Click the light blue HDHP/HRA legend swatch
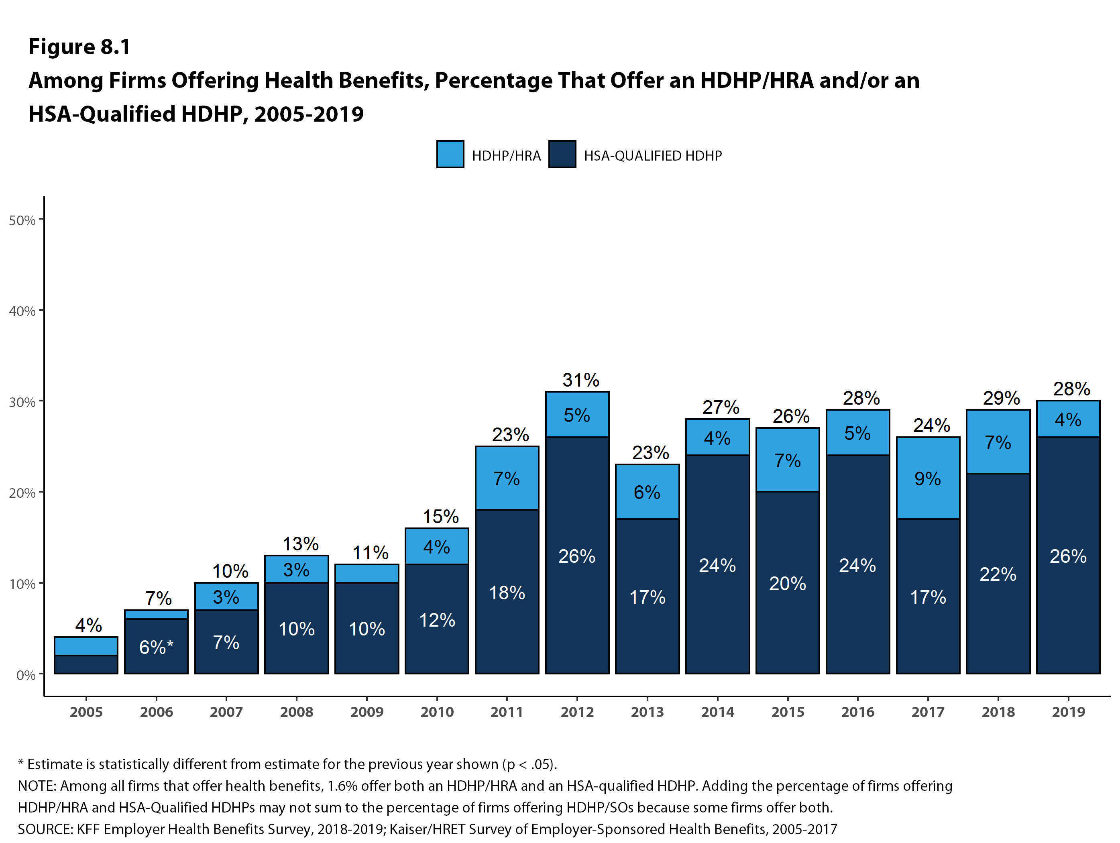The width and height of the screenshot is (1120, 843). [x=450, y=154]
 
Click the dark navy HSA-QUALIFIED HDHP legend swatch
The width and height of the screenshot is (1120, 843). [x=562, y=154]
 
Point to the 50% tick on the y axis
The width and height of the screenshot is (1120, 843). [x=22, y=220]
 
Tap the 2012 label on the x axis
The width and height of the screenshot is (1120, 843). [x=577, y=712]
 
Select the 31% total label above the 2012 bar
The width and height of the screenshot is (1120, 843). [x=580, y=380]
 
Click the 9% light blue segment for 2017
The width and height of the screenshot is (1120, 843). [x=928, y=478]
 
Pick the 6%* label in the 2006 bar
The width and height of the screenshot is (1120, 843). [x=156, y=647]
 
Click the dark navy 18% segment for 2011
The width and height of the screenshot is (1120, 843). [x=507, y=591]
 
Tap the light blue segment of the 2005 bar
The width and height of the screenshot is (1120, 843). [x=86, y=646]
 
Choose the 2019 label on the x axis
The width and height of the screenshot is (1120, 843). [x=1068, y=712]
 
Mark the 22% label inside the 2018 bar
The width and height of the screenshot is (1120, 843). [x=998, y=574]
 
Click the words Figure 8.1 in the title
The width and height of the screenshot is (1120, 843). [x=79, y=47]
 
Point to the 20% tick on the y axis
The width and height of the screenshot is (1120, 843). [x=22, y=493]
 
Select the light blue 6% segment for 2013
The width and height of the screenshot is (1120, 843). [x=647, y=492]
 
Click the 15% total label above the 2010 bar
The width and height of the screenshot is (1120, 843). [x=440, y=516]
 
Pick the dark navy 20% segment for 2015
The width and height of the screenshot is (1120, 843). [x=787, y=583]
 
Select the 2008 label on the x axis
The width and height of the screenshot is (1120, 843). [x=296, y=712]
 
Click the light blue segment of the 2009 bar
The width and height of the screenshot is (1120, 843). [x=367, y=573]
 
